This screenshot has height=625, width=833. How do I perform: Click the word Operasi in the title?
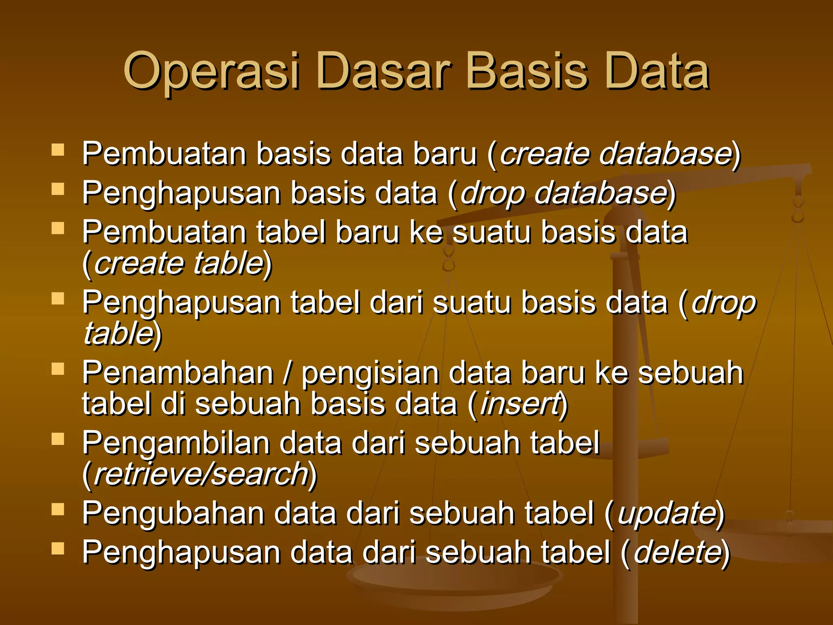212,72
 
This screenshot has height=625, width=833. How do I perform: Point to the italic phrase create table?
179,264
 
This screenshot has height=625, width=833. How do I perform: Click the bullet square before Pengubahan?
58,510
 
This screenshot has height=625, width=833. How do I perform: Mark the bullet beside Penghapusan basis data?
58,189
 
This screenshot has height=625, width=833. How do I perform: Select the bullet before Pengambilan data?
58,439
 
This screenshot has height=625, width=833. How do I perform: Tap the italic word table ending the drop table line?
118,334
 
